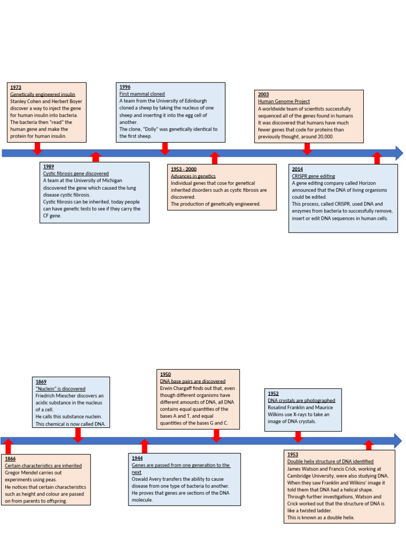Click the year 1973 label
click(x=16, y=87)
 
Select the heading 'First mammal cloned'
click(x=142, y=94)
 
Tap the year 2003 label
click(x=263, y=95)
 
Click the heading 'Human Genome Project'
click(x=284, y=101)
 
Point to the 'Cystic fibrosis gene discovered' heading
click(x=76, y=173)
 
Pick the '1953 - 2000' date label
click(x=184, y=169)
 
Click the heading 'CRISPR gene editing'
click(x=313, y=176)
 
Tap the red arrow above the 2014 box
click(x=376, y=158)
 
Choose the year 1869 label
click(x=41, y=381)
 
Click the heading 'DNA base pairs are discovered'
click(x=192, y=381)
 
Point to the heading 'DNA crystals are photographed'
click(x=301, y=400)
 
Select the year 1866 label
click(x=11, y=459)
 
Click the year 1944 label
click(x=137, y=458)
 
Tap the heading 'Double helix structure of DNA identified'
click(x=330, y=461)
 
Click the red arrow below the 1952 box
click(x=298, y=437)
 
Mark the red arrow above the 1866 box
click(x=8, y=446)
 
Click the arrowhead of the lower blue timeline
click(x=397, y=440)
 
